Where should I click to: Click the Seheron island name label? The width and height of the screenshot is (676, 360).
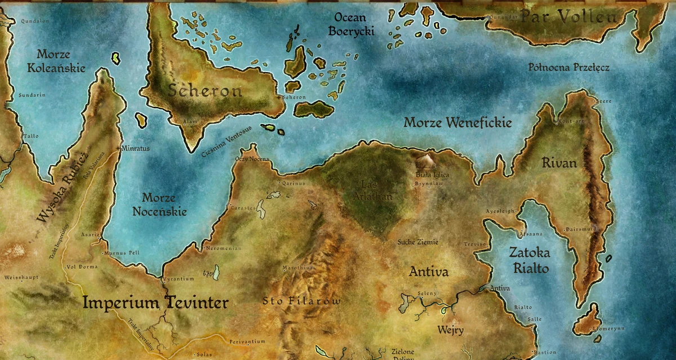point(206,91)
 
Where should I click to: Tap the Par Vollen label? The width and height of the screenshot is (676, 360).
point(568,17)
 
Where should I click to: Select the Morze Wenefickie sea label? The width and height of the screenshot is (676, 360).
point(458,122)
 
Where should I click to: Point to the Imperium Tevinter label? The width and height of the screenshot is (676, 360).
point(155,303)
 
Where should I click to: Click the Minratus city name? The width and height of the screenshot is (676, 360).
point(136,149)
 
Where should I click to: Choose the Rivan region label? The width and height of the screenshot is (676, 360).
point(559,163)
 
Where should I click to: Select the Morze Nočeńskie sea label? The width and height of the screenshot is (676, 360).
point(158,205)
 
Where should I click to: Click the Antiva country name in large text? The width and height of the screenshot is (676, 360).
point(429,272)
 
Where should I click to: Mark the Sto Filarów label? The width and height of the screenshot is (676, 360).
point(301,301)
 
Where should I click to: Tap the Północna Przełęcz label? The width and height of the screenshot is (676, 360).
point(568,68)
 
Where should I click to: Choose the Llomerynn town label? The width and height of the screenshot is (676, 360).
point(604,328)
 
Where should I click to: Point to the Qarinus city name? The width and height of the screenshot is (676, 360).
point(293,183)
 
